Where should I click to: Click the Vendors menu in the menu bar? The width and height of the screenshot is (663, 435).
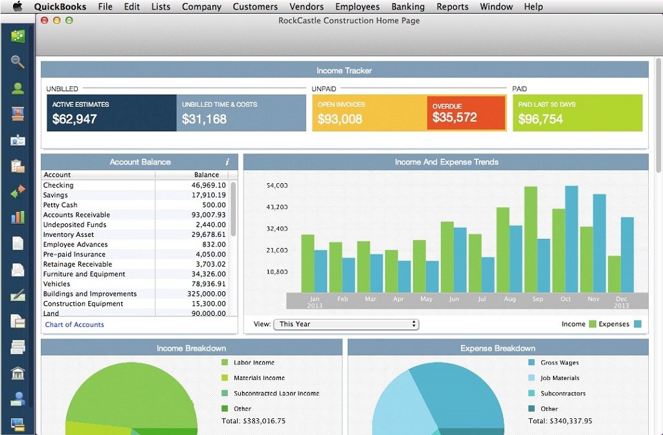(306, 6)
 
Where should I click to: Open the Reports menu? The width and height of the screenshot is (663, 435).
(452, 6)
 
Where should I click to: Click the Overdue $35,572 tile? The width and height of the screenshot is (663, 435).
(466, 113)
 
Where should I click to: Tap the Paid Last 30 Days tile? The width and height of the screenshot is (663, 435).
(578, 113)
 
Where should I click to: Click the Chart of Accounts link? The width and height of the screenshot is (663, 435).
(74, 324)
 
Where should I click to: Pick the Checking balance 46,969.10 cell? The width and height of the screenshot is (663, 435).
(208, 185)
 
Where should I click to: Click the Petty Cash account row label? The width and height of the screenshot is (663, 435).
(60, 205)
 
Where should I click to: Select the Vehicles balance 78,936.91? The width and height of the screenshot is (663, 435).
(208, 284)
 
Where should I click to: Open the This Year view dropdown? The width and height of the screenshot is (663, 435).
(346, 324)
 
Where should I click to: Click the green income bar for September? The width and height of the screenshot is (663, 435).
(531, 239)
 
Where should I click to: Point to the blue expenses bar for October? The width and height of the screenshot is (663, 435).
(571, 239)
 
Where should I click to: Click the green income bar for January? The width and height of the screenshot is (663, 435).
(308, 263)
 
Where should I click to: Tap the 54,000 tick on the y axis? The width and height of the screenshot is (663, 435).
(277, 186)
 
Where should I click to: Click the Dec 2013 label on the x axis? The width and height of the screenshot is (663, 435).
(622, 301)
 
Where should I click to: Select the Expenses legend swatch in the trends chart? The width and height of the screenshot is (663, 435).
(638, 324)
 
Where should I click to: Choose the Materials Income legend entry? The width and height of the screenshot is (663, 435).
(259, 378)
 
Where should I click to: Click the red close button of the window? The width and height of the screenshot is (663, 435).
(45, 20)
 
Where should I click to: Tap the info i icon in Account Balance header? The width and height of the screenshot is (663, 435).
(227, 162)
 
